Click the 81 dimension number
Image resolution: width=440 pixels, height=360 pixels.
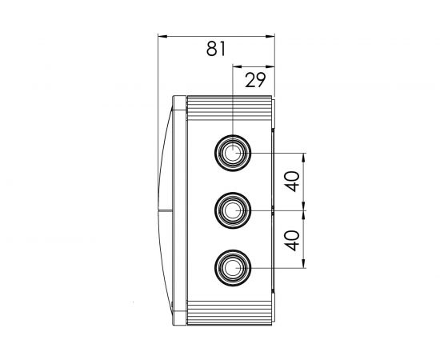(216, 49)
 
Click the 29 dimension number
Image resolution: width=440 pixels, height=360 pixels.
(255, 80)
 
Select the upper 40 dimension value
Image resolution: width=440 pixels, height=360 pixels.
(292, 182)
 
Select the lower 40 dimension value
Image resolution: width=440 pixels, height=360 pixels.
(292, 241)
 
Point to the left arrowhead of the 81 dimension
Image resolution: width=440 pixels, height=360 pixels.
(162, 36)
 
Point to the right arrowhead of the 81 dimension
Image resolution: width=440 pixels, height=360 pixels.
(270, 36)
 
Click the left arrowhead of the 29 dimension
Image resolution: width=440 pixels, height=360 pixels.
(238, 66)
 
